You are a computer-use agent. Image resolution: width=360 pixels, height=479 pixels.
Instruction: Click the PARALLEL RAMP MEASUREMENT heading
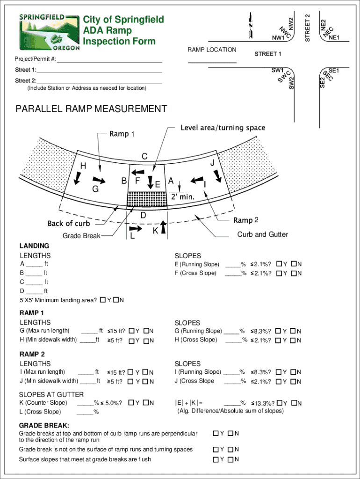(x=91, y=109)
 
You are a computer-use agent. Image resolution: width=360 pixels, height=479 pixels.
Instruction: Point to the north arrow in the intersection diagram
(x=251, y=25)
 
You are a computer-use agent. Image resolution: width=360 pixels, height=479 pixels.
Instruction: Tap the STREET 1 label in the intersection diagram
(x=268, y=54)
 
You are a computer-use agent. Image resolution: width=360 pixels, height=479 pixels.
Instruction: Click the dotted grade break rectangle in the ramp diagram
(x=147, y=199)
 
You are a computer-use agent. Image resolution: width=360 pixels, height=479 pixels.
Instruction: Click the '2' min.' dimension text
(x=182, y=197)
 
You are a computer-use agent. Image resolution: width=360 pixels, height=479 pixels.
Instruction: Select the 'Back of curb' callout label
(x=68, y=224)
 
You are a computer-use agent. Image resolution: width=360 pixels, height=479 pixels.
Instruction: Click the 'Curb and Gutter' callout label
(x=262, y=234)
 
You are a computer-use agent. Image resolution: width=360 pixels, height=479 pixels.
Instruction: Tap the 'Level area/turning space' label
(x=223, y=128)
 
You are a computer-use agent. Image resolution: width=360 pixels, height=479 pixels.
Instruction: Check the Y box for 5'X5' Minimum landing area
(x=102, y=300)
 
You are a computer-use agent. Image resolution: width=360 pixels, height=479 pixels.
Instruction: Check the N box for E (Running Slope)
(x=294, y=264)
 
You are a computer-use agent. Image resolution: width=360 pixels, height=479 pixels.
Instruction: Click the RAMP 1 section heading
(x=32, y=313)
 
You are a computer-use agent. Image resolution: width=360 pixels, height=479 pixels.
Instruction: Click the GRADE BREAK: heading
(x=44, y=426)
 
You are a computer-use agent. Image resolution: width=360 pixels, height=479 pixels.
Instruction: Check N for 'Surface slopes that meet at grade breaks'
(x=230, y=459)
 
